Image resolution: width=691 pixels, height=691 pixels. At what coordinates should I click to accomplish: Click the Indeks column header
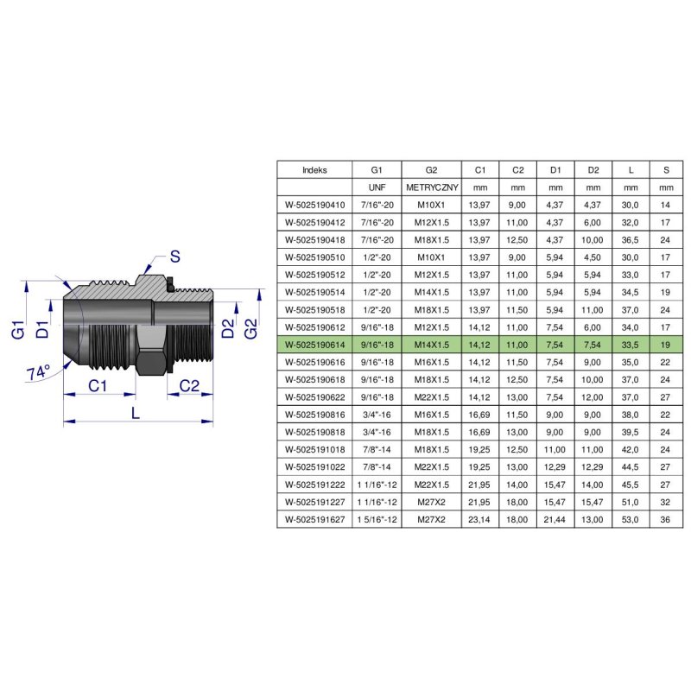tap(314, 170)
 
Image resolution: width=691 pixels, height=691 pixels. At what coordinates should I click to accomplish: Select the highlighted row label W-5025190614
tap(314, 343)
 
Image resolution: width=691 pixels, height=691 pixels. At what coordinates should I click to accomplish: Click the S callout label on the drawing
tap(174, 257)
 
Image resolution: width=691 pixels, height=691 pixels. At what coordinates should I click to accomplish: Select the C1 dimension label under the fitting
tap(98, 387)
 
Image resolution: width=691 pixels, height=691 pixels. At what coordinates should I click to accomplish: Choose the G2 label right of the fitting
tap(250, 328)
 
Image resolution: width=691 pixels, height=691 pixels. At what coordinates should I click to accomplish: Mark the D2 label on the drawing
tap(227, 328)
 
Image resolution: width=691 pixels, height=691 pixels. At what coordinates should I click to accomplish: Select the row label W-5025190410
tap(314, 205)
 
